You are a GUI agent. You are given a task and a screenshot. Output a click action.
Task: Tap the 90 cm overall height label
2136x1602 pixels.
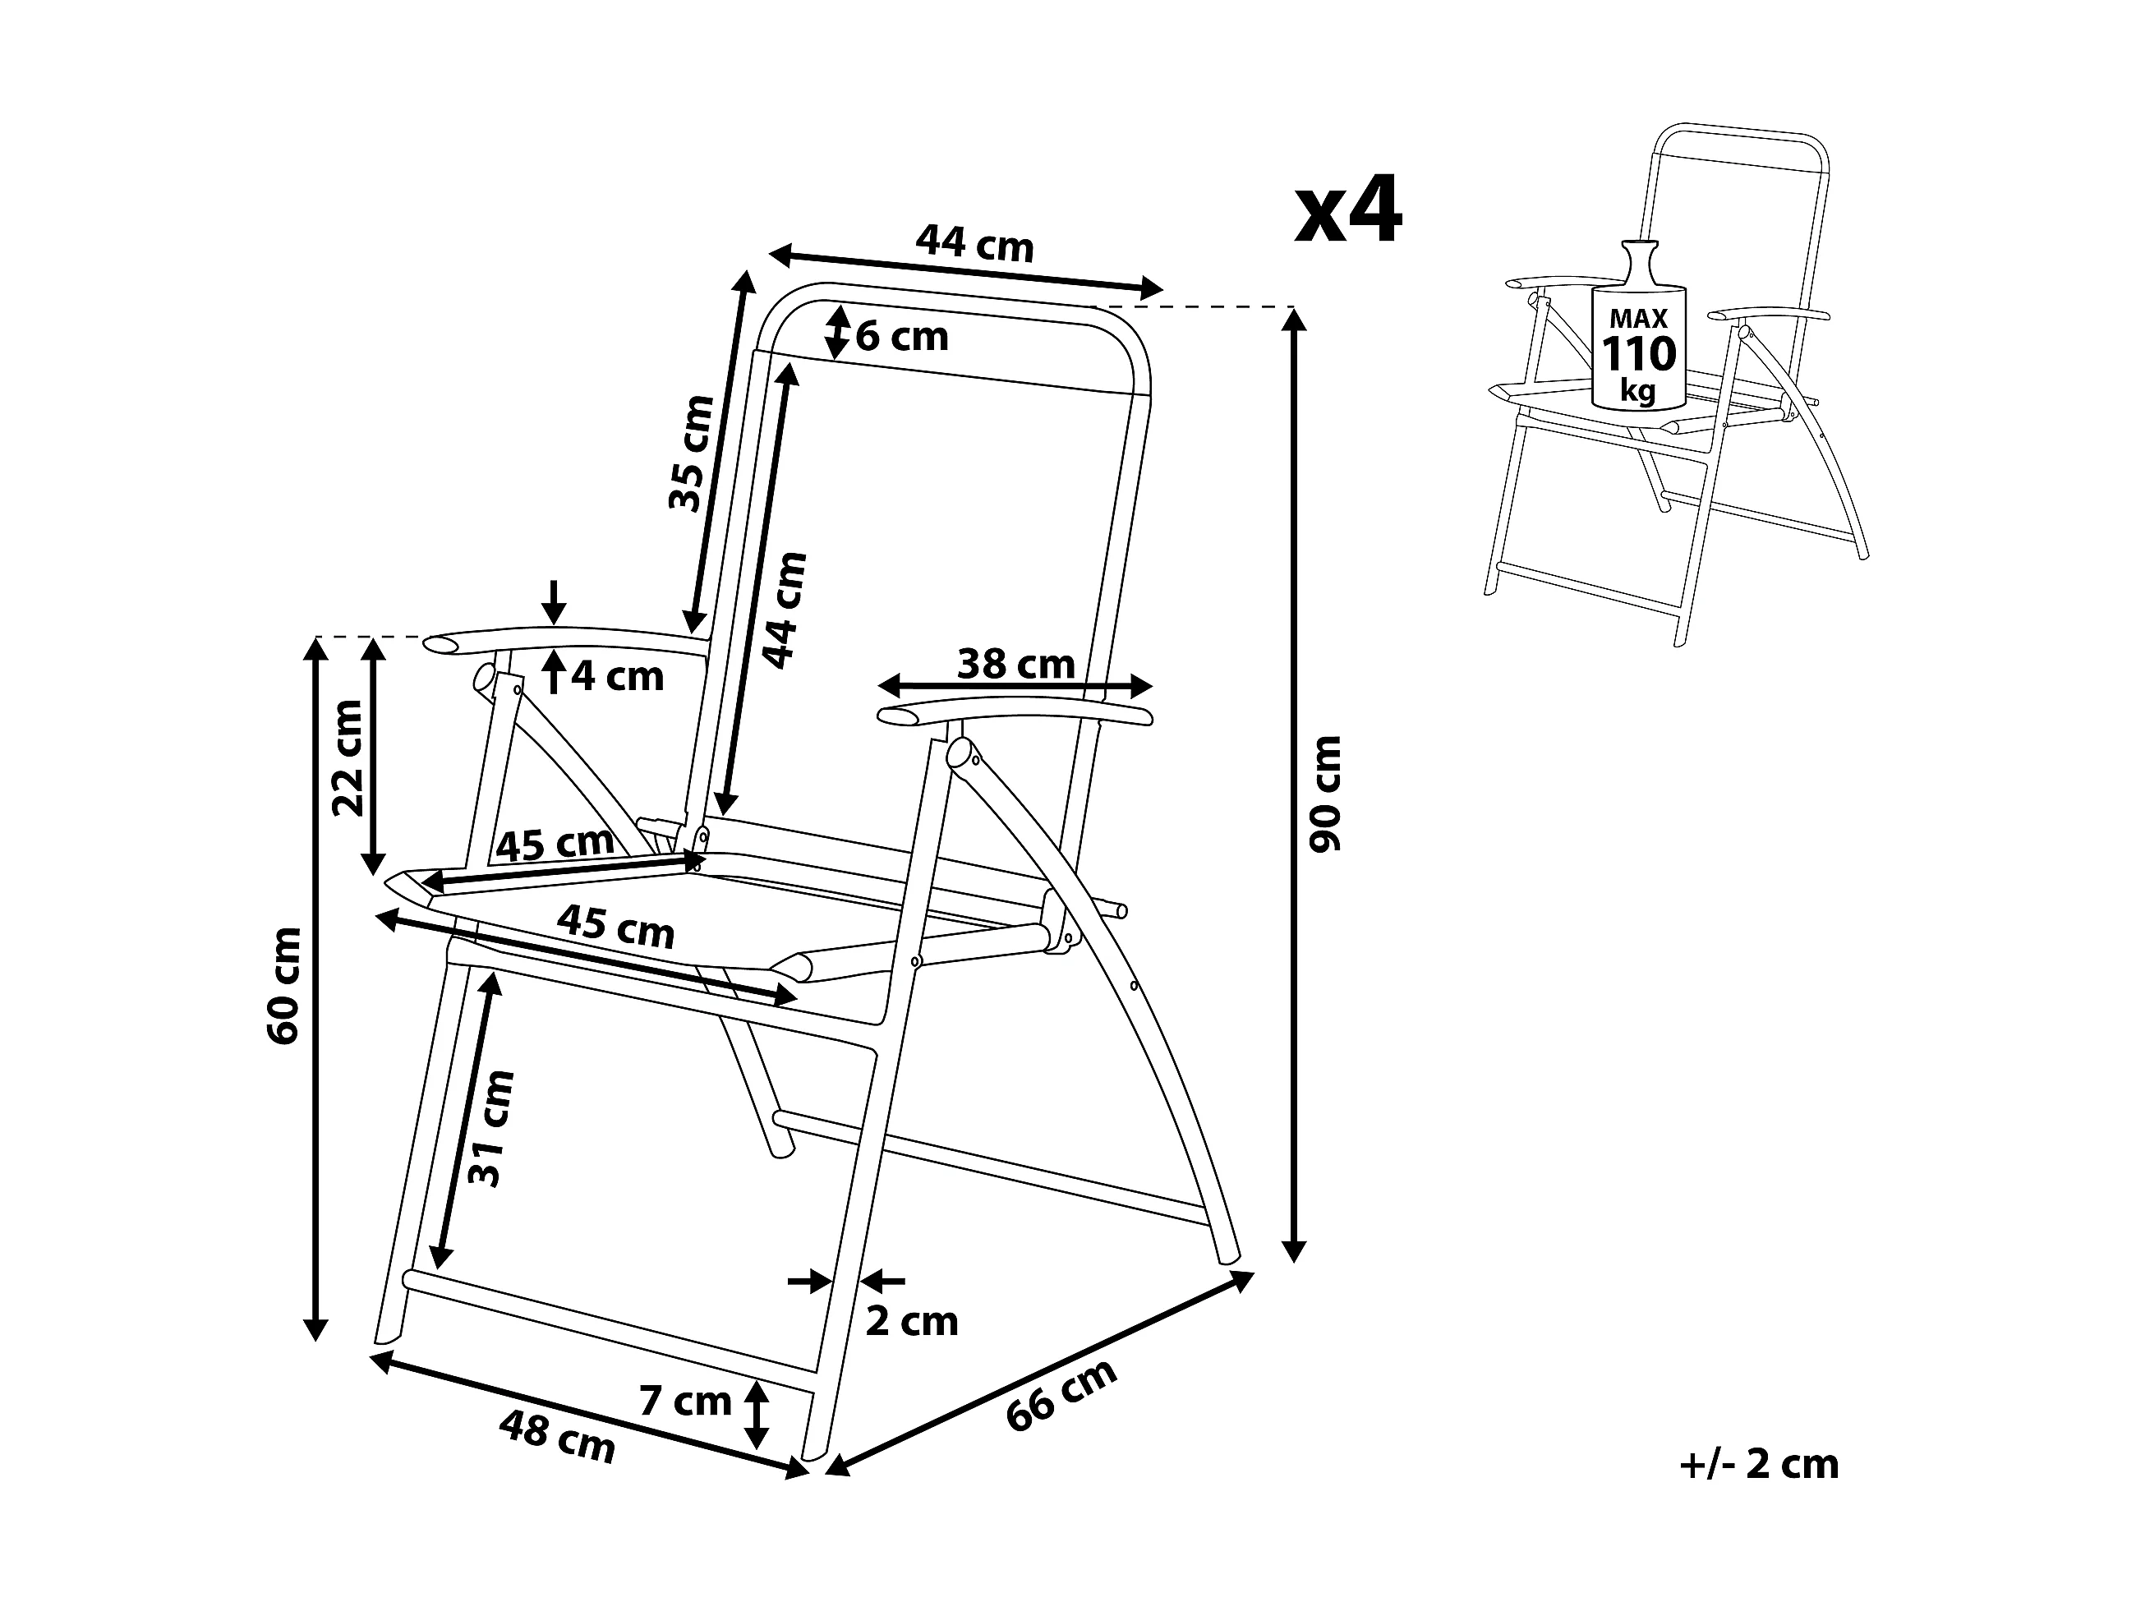tap(1326, 794)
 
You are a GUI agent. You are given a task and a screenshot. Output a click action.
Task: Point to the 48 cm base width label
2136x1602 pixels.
tap(557, 1436)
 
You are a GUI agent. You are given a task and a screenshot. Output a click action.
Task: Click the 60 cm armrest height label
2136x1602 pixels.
tap(285, 986)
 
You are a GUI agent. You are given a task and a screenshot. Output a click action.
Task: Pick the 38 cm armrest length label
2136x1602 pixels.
tap(1016, 665)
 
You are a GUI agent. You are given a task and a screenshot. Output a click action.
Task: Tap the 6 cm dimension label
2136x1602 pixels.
tap(902, 337)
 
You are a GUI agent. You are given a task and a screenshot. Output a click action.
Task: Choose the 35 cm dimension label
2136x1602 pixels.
tap(692, 453)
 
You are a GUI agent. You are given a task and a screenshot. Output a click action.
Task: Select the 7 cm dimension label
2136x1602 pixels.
tap(686, 1402)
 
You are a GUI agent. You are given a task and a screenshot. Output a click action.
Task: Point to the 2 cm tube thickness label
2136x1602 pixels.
tap(912, 1322)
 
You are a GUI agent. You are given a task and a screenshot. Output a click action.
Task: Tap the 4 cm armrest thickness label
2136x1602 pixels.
tap(617, 677)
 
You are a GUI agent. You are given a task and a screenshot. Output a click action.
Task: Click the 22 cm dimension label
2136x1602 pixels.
tap(348, 758)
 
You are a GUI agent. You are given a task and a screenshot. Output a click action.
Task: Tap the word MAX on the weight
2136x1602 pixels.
tap(1639, 319)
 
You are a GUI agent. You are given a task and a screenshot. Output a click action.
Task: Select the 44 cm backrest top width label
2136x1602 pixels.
tap(975, 244)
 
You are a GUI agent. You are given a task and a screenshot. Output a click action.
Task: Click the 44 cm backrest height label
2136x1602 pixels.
tap(784, 610)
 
